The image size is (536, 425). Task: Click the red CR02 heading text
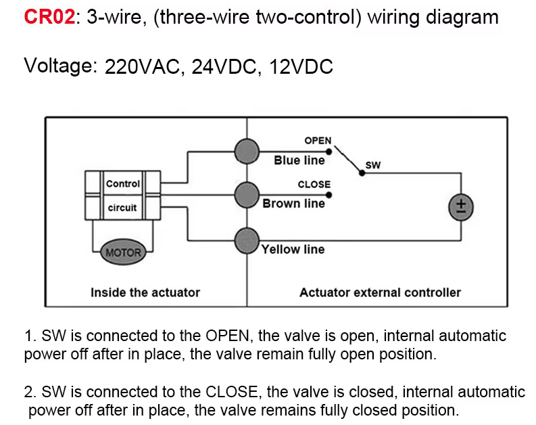[49, 16]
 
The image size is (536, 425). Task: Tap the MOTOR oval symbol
[123, 252]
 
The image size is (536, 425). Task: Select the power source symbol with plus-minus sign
[462, 206]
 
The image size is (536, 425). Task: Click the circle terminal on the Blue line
[247, 150]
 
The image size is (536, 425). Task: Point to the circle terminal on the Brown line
[247, 196]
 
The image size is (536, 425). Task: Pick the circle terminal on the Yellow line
[247, 240]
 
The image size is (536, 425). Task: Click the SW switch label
[373, 164]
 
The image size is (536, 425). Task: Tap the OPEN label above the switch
[318, 141]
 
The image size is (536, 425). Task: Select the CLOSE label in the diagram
[314, 184]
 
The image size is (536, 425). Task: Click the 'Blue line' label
[299, 160]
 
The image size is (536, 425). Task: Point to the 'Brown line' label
[294, 203]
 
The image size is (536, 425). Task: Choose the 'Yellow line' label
[293, 249]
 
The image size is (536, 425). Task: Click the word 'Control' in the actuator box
[123, 183]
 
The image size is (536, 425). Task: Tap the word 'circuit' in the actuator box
[122, 208]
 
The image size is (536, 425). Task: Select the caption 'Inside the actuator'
[145, 292]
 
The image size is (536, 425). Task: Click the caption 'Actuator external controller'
[380, 292]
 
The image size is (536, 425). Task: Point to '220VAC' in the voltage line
[144, 67]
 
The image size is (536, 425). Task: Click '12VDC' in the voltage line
[301, 67]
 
